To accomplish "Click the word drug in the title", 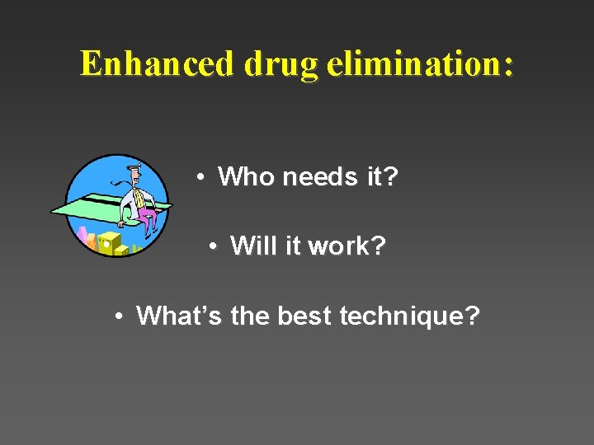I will click(280, 64).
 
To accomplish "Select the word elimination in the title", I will click(409, 63).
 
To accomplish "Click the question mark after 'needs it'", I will click(390, 176).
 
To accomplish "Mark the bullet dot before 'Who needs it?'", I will click(200, 176).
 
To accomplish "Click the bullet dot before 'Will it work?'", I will click(213, 246).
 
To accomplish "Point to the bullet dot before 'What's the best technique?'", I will click(120, 316).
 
